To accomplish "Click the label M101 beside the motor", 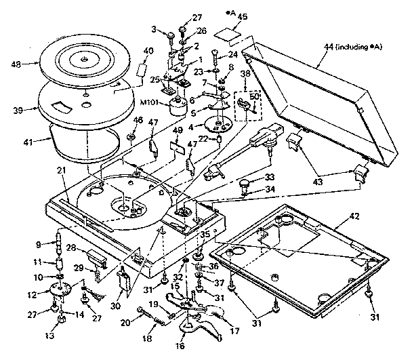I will pyautogui.click(x=151, y=103).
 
